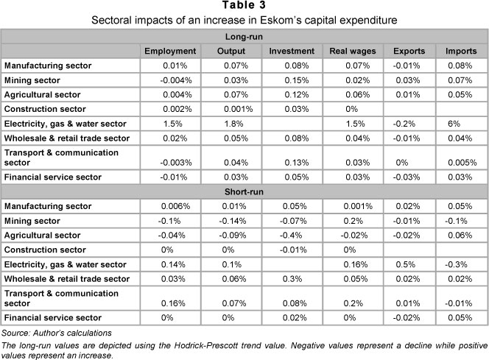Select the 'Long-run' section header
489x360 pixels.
point(244,35)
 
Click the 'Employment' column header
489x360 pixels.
point(171,51)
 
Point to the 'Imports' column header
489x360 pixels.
point(460,51)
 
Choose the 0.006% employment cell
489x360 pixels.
point(171,207)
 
